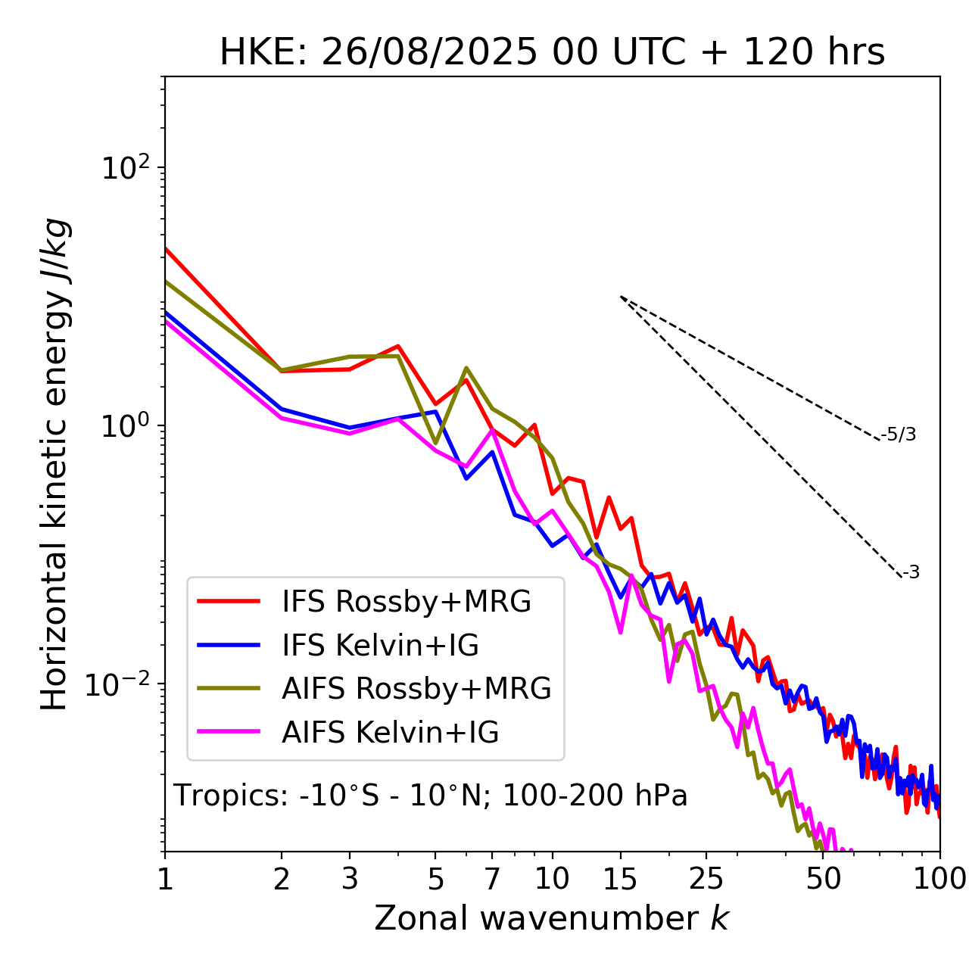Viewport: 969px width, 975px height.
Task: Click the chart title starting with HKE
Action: (x=552, y=53)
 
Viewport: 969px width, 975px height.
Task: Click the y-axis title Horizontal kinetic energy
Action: (x=55, y=464)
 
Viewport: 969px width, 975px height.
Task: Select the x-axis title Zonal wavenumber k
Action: (x=551, y=918)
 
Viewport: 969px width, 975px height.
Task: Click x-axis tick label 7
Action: (x=492, y=880)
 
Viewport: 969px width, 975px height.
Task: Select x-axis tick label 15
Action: (x=620, y=880)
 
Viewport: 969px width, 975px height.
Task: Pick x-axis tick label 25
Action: (x=706, y=880)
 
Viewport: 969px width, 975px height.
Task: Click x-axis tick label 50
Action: (x=823, y=880)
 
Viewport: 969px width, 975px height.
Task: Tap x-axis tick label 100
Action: (x=939, y=880)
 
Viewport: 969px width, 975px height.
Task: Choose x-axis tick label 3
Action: (x=350, y=880)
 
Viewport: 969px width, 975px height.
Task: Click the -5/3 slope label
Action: (x=899, y=435)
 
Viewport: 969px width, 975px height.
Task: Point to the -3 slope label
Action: (x=911, y=573)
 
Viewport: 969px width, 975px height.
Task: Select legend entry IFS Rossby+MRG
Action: (x=406, y=602)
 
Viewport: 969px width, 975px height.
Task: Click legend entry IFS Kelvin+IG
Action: (x=380, y=646)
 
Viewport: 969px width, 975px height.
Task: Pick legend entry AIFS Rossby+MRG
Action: (x=416, y=689)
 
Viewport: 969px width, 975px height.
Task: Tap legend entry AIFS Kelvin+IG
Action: (x=390, y=733)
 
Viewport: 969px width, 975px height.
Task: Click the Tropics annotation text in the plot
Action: (x=430, y=796)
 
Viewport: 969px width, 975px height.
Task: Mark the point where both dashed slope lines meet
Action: (x=621, y=297)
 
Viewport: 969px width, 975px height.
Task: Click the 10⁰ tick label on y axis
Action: (x=126, y=426)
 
